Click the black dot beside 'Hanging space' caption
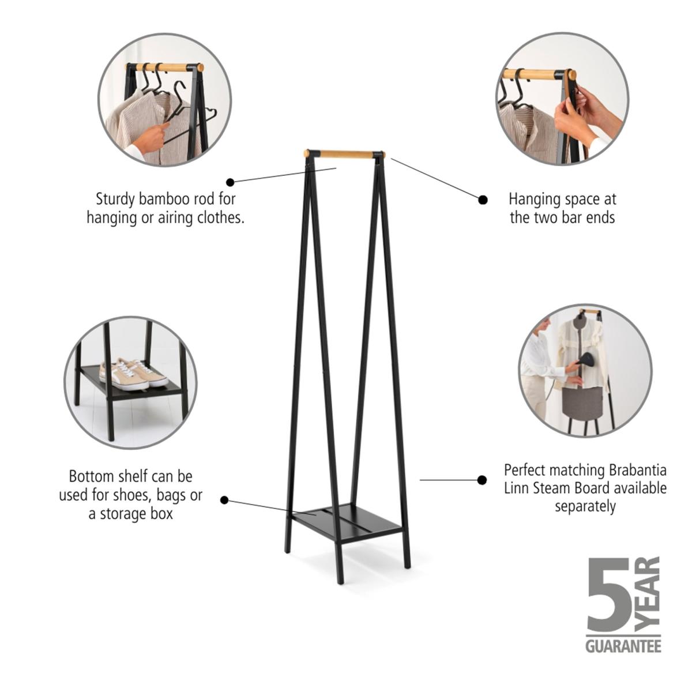[483, 200]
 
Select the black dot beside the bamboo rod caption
[231, 182]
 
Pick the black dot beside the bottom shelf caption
[225, 500]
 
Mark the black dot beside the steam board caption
[482, 480]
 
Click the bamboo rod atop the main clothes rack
[345, 155]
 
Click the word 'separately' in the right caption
[585, 507]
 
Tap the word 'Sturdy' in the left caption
[116, 200]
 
